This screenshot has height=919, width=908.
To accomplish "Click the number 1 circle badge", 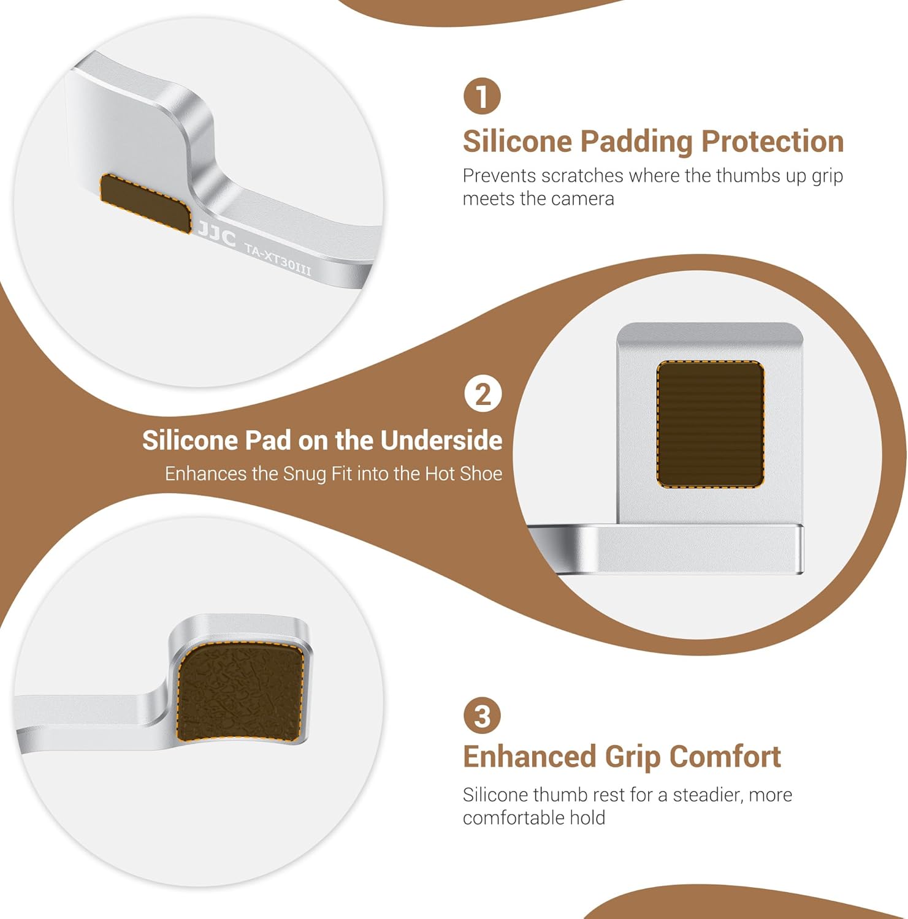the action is click(x=482, y=96).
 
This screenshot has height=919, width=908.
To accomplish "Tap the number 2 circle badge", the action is click(x=483, y=394).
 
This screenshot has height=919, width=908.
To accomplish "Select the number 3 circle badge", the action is click(x=482, y=716).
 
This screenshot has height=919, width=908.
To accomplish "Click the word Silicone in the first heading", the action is click(x=517, y=141).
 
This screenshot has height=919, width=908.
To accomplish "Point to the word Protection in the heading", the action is click(x=773, y=142).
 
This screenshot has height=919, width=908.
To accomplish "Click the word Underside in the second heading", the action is click(x=441, y=440).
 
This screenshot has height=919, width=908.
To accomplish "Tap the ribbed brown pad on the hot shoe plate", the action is click(x=711, y=424).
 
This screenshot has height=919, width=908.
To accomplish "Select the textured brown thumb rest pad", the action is click(x=240, y=690).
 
